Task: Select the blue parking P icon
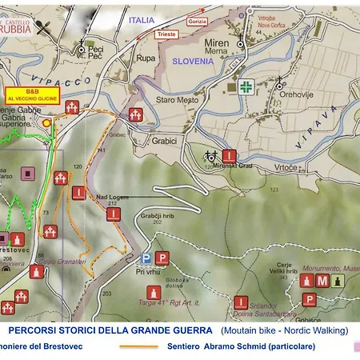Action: [146, 258]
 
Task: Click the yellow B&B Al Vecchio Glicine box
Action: [31, 94]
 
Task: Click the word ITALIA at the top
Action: [141, 19]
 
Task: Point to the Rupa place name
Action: [146, 58]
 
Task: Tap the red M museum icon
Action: [322, 281]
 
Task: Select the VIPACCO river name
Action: [98, 82]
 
